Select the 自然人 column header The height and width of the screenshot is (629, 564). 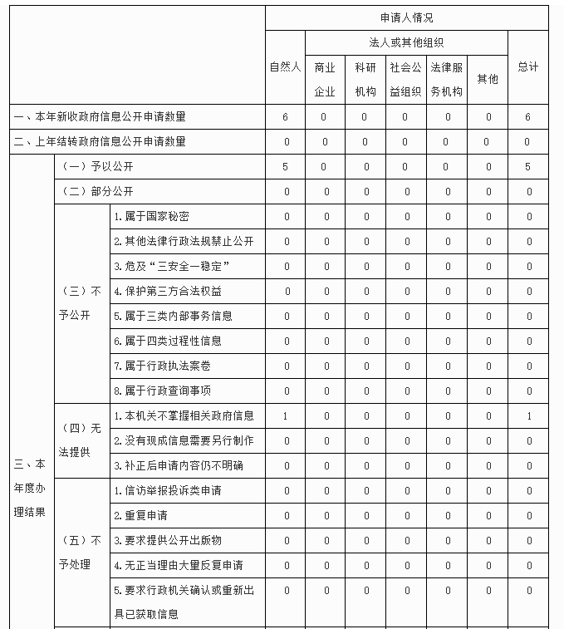[x=285, y=66]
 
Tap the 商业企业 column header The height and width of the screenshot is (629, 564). [x=325, y=79]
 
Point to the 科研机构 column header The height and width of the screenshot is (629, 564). [x=365, y=79]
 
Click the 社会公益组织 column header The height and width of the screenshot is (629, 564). [x=405, y=79]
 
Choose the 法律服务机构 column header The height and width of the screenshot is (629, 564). [x=446, y=79]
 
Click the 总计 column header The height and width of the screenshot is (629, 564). [x=527, y=66]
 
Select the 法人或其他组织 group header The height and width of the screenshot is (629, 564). [x=406, y=42]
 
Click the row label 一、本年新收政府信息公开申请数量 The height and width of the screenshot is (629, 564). [x=100, y=117]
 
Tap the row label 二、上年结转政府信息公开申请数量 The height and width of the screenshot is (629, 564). [x=100, y=142]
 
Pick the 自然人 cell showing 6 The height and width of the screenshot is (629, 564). [x=285, y=117]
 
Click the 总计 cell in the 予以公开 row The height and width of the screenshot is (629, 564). [x=527, y=167]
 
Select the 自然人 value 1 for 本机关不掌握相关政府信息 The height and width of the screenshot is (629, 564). [x=285, y=415]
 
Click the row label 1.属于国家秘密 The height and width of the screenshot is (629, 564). [x=151, y=217]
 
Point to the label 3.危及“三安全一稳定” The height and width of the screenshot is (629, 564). [x=171, y=267]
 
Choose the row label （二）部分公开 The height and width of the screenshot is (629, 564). [x=98, y=192]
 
